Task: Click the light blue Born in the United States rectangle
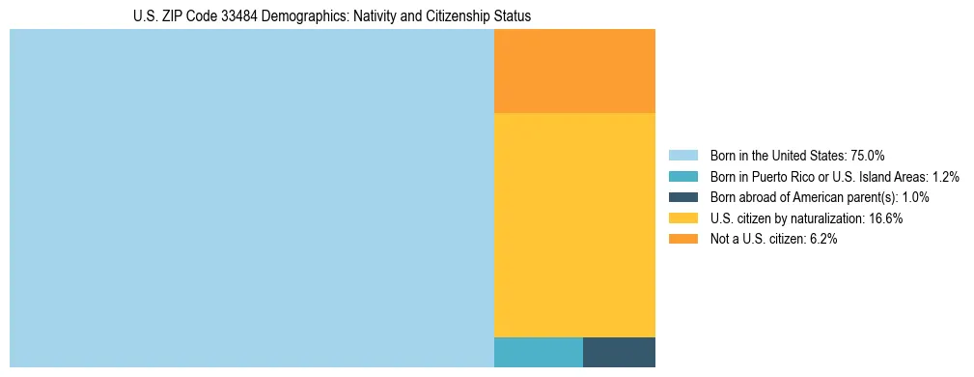pos(251,198)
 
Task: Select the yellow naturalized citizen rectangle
pos(574,224)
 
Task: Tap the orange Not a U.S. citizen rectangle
pos(574,71)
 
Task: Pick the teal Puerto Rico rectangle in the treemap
pos(538,352)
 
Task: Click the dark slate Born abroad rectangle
pos(619,352)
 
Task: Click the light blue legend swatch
pos(682,156)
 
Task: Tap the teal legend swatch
pos(682,177)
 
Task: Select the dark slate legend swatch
pos(682,197)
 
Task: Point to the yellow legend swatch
pos(682,218)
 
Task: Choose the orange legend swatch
pos(682,239)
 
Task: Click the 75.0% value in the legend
pos(868,156)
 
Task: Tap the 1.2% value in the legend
pos(946,177)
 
